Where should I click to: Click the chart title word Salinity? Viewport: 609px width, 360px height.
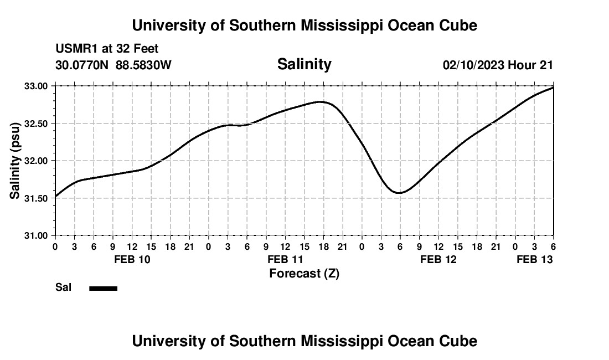tap(304, 64)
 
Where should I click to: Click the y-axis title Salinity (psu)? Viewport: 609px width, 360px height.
tap(15, 161)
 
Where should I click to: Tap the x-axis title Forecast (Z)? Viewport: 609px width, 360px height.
tap(304, 273)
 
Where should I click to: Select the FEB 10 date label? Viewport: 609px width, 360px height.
tap(132, 259)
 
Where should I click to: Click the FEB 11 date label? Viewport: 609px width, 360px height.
tap(285, 259)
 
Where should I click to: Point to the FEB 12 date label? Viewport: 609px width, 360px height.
tap(438, 259)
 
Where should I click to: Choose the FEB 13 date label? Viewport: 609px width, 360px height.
tap(534, 259)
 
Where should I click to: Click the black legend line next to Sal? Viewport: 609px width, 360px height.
tap(103, 288)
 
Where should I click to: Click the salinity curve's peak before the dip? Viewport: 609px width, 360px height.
tap(321, 102)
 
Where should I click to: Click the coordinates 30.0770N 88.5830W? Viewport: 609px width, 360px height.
tap(113, 65)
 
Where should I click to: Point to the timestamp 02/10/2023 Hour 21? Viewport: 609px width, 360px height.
tap(498, 65)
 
